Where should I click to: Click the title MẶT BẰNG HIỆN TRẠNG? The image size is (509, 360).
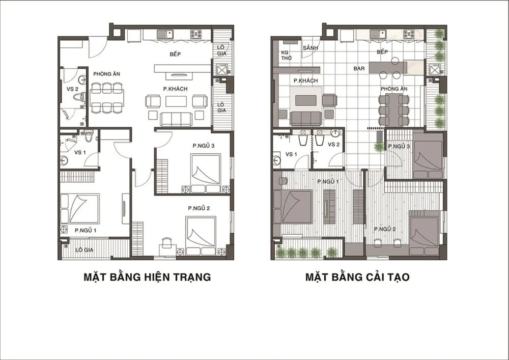pos(147,277)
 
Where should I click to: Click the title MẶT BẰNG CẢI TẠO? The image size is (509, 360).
pos(357,277)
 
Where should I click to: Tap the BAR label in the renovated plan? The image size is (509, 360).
pos(359,69)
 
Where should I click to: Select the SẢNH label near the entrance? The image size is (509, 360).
pos(310,48)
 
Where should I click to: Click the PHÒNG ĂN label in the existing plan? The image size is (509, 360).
pos(107,74)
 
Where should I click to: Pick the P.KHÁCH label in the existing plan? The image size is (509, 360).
pos(175,89)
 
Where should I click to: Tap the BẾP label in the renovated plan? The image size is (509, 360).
pos(382,52)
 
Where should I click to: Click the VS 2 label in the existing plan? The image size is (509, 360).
pos(72,89)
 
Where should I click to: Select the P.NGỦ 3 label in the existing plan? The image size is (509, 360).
pos(203,146)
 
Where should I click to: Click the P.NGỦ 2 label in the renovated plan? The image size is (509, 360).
pos(385,229)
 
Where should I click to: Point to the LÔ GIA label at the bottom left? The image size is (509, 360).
pos(84,250)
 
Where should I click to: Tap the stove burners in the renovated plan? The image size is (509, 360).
pos(409,34)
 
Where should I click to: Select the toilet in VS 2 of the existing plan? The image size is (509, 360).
pos(79,96)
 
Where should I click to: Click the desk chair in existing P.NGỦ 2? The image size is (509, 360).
pos(166,242)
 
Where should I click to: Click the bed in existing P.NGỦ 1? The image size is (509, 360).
pos(79,208)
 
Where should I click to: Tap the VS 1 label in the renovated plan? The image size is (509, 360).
pos(291,154)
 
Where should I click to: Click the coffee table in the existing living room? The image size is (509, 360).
pos(176,101)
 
